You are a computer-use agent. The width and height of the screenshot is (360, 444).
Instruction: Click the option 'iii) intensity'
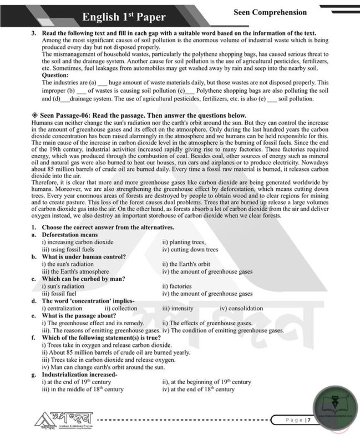pos(178,308)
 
